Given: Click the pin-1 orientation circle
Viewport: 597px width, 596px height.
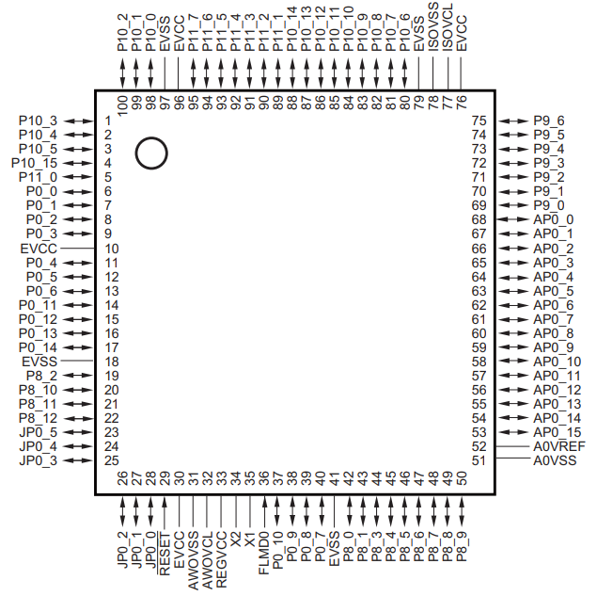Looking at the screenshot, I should pos(150,153).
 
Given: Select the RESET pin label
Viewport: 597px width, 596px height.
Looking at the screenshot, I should pos(165,556).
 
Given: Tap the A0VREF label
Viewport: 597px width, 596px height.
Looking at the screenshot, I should pos(559,446).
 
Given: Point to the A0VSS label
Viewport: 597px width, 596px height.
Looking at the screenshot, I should pos(555,460).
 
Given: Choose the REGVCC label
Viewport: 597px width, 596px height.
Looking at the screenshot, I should pos(222,563).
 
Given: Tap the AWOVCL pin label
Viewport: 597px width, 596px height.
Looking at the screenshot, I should pos(208,563).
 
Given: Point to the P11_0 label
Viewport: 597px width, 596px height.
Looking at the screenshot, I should pos(39,177).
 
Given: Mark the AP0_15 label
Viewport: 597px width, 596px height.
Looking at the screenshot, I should pos(557,432).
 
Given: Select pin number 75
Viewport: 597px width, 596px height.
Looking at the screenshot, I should pos(479,121).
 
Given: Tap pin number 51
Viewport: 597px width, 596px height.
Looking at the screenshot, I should pos(479,460).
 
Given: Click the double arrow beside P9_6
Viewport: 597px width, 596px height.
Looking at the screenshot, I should pos(512,121).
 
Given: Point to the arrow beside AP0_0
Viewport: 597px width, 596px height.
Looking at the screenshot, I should pos(512,219).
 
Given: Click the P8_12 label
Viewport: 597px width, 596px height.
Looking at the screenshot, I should pos(39,418).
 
